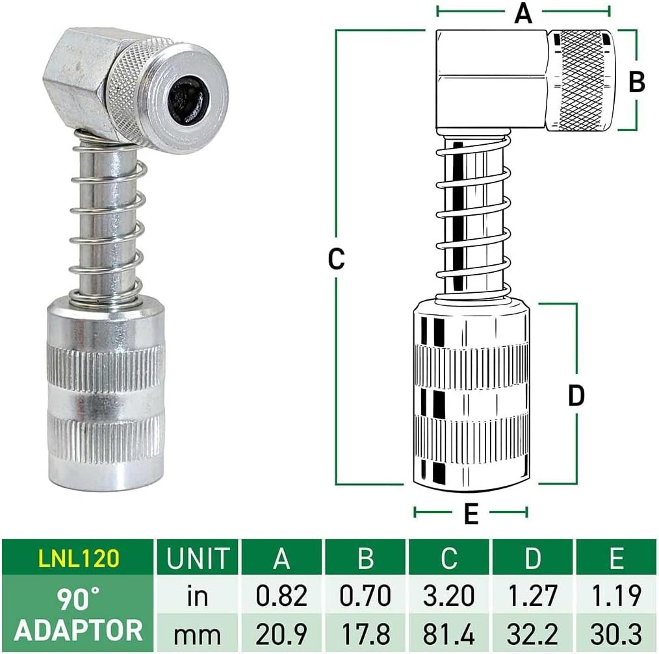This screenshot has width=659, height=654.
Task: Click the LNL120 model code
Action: point(77,558)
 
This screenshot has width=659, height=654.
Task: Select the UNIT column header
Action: point(198,558)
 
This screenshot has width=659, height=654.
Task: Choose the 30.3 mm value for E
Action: point(616,631)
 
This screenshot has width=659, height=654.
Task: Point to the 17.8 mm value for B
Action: point(366,631)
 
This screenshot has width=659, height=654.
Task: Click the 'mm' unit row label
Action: point(198,631)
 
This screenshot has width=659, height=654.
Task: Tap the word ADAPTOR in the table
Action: point(78,631)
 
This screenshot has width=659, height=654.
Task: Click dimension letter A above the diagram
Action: point(523,13)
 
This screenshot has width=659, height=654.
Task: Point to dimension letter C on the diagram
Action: point(335,258)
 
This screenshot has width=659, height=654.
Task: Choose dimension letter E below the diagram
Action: point(471,515)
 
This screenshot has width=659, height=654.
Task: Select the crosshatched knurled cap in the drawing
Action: point(580,79)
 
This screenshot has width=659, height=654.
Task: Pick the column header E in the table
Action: point(616,558)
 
